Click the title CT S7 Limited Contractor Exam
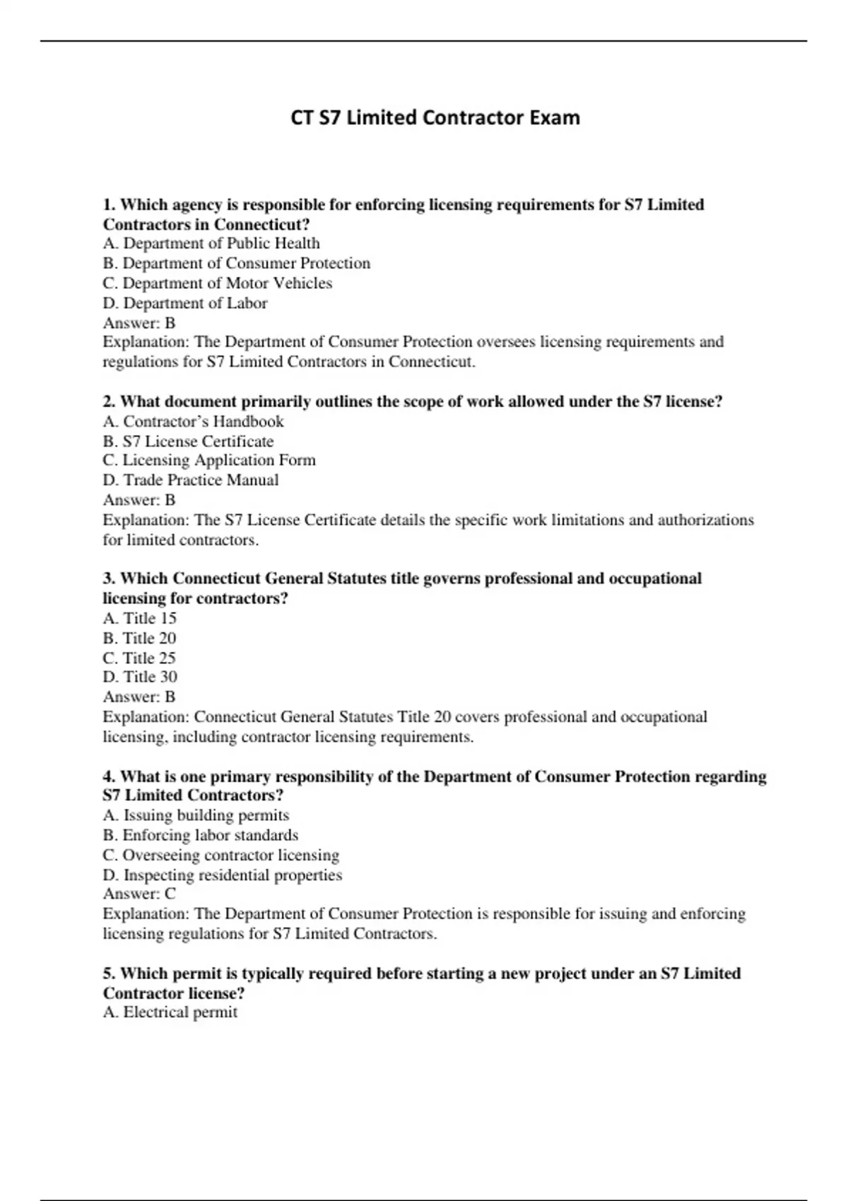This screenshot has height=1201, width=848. click(435, 117)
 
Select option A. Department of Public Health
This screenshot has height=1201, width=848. click(211, 244)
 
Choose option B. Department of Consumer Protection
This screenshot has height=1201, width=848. click(237, 264)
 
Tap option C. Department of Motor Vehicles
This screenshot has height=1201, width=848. click(218, 283)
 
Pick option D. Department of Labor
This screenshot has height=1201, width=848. click(185, 303)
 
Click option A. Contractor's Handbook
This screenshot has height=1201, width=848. click(193, 422)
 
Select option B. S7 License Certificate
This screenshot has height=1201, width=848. click(188, 442)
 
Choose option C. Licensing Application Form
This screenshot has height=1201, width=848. click(209, 461)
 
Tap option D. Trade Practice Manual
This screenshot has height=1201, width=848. click(191, 480)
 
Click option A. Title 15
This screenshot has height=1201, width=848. click(140, 619)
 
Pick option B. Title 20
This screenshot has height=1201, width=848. click(140, 639)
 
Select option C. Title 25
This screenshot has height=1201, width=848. click(140, 658)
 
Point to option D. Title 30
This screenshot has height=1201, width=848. click(140, 678)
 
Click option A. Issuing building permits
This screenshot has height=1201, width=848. click(196, 816)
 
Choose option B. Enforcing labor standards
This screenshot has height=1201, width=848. click(201, 836)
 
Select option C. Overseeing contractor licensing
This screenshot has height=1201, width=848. click(221, 856)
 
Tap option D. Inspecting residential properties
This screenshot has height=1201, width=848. click(223, 875)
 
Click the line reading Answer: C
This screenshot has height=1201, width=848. click(139, 894)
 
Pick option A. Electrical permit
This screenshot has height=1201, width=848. click(170, 1013)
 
